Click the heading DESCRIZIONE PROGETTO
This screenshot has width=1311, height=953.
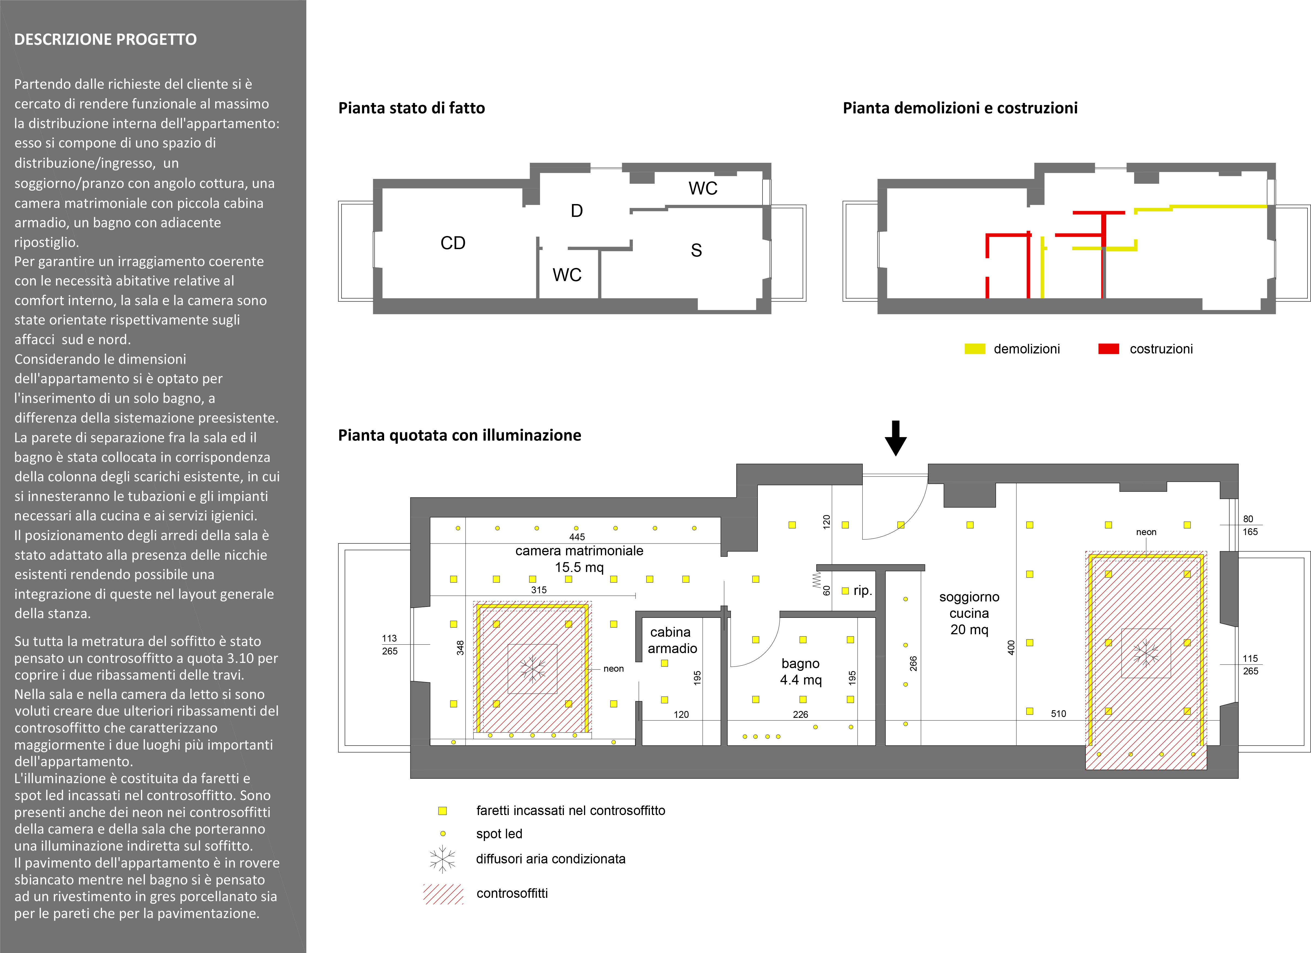(x=105, y=39)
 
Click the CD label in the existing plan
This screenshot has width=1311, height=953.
(x=453, y=243)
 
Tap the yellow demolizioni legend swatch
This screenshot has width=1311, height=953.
(x=975, y=349)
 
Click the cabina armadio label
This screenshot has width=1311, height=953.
(x=672, y=640)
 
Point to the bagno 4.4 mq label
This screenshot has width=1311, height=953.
(x=800, y=671)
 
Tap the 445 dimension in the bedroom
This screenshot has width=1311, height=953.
(x=577, y=537)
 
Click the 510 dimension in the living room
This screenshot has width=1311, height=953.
(x=1058, y=714)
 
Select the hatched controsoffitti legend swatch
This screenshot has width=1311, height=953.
(x=443, y=893)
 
